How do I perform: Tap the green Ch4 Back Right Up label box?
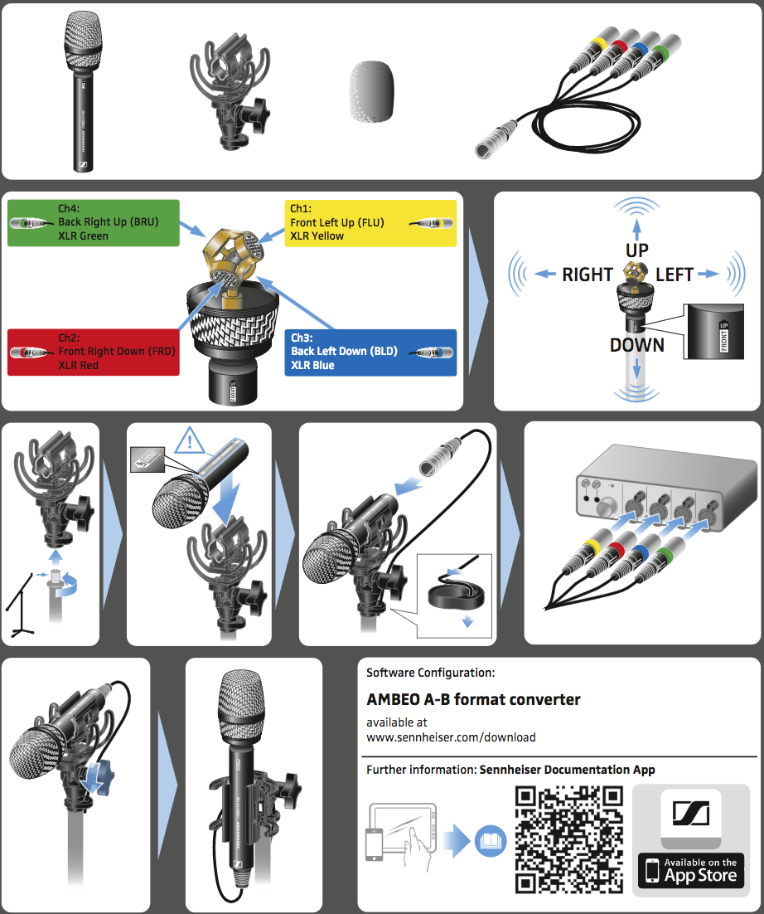click(93, 222)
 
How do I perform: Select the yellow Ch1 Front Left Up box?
click(370, 222)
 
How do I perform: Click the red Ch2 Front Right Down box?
click(93, 352)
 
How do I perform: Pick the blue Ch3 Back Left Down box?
click(370, 352)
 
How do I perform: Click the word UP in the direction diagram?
click(636, 250)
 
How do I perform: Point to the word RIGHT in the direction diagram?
click(587, 275)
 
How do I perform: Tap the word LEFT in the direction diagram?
click(675, 275)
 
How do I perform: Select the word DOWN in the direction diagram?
click(636, 345)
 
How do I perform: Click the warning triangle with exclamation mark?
click(189, 441)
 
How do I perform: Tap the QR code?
click(569, 839)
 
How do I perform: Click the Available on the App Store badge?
click(691, 871)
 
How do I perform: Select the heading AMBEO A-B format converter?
click(473, 699)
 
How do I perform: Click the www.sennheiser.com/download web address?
click(451, 737)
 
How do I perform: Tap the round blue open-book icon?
click(491, 841)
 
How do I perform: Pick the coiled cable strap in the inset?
click(456, 593)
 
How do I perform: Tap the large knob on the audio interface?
click(607, 504)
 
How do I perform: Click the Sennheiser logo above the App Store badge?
click(690, 813)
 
